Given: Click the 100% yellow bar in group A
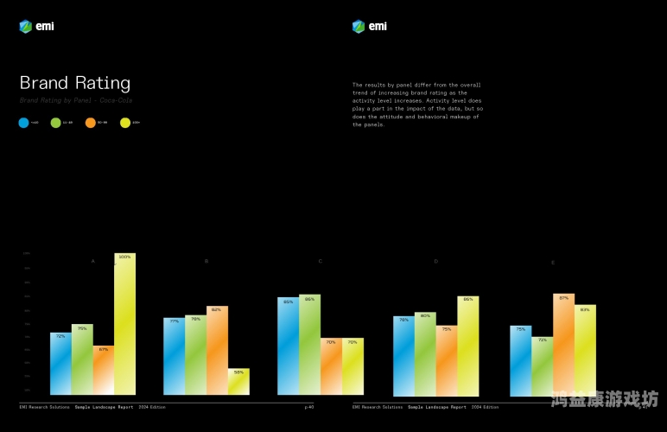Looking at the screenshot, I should point(124,324).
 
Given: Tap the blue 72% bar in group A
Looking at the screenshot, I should point(60,363).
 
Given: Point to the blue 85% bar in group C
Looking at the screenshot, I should point(288,346).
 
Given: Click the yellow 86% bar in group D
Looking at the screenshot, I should point(467,346).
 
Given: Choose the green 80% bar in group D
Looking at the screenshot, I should point(424,353).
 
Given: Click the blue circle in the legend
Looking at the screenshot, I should point(24,123).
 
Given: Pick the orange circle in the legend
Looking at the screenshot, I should point(91,123).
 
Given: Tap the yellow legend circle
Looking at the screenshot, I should point(124,123).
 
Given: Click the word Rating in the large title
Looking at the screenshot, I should point(102,83).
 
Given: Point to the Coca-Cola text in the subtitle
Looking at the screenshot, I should point(119,100).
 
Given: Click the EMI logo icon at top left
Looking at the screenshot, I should point(25,26).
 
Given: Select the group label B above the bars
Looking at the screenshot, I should point(206,261).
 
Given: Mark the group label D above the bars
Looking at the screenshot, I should point(435,261).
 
